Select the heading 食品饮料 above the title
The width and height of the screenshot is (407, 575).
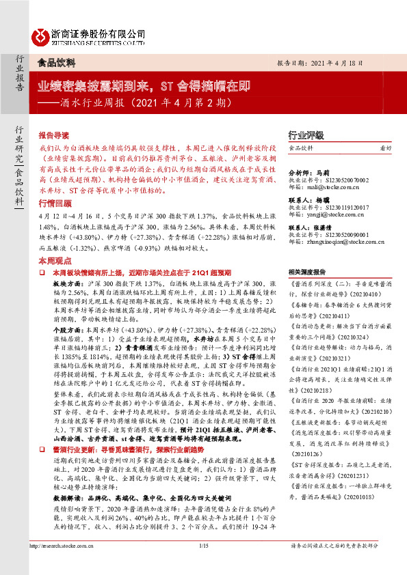coord(56,61)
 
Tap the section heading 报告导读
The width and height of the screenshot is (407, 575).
coord(54,135)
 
